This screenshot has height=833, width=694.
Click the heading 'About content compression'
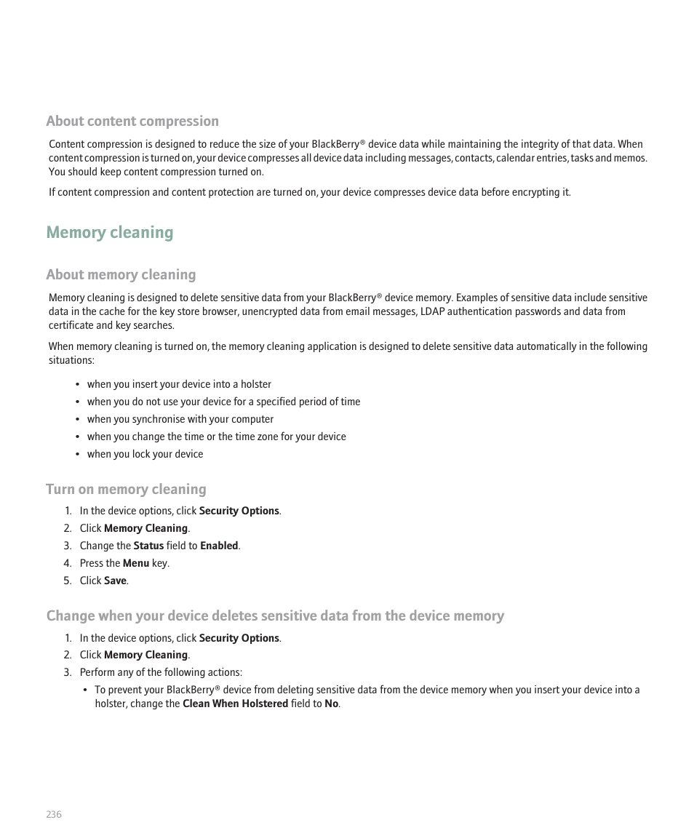(132, 121)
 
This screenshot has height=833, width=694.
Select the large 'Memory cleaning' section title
(110, 233)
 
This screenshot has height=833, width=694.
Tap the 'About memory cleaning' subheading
(121, 275)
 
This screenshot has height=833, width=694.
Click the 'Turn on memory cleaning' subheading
(126, 490)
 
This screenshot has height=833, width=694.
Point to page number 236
(54, 814)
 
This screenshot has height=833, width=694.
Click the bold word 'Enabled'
(219, 546)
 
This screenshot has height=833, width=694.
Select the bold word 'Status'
(148, 546)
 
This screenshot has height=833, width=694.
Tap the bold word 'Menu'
(136, 563)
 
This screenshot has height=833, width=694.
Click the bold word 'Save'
(115, 581)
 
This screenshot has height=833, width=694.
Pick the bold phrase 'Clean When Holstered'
(235, 704)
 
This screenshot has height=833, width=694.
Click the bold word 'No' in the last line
(331, 704)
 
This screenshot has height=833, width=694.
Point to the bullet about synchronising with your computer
(180, 419)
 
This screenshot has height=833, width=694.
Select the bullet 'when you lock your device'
(145, 454)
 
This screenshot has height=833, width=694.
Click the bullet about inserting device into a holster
(179, 384)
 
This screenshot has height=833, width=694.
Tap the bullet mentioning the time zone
(216, 437)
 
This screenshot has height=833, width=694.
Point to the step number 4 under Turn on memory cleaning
(67, 563)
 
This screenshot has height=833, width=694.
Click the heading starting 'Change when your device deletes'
(275, 616)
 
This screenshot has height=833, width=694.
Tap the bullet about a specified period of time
(223, 402)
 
